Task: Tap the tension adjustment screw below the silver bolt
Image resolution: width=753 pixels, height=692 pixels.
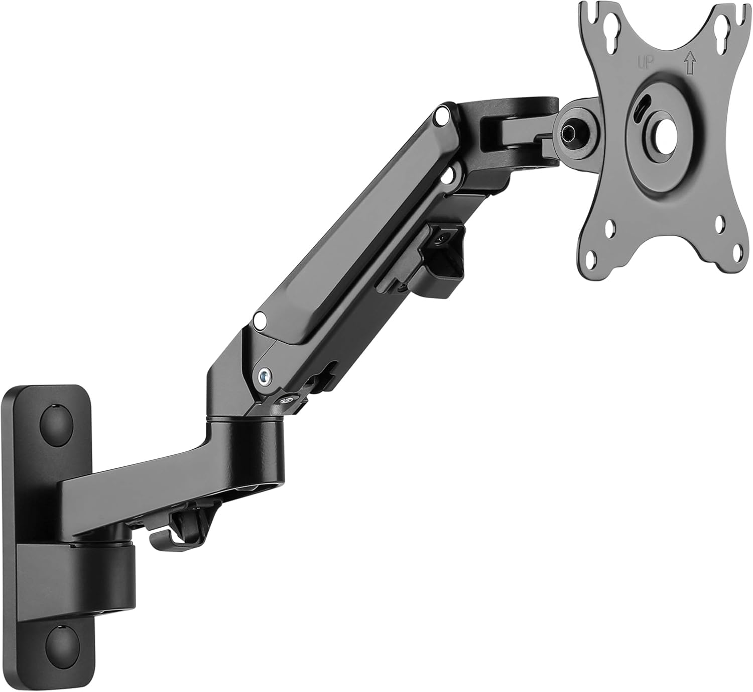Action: click(286, 400)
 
